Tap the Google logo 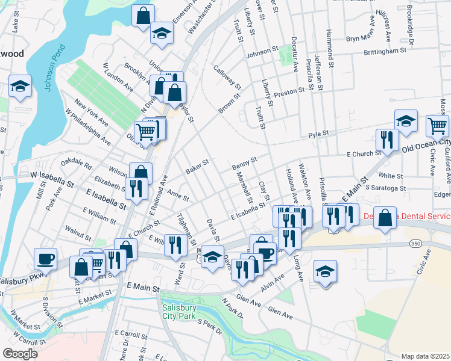(20, 354)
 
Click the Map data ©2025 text (424, 356)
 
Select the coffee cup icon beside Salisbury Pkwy (46, 259)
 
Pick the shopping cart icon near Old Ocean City (437, 126)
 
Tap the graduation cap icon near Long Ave (325, 271)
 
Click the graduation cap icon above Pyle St (406, 121)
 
